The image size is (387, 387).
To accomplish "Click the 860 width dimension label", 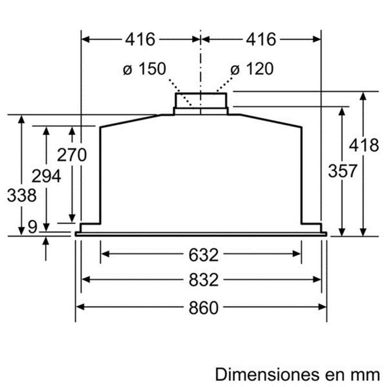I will [x=201, y=307].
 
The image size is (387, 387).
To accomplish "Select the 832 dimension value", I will [x=201, y=280].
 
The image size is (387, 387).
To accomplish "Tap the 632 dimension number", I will [x=201, y=254].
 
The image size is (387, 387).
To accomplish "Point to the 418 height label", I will [x=364, y=145].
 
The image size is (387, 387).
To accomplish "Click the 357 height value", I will [x=342, y=171].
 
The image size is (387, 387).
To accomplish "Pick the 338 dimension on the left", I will [x=22, y=196].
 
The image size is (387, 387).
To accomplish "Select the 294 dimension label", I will [x=46, y=176].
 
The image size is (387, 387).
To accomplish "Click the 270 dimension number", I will [x=72, y=155].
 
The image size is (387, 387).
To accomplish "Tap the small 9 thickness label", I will [x=32, y=227].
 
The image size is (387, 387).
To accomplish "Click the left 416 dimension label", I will [x=140, y=39].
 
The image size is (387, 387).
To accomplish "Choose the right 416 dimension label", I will [x=261, y=39].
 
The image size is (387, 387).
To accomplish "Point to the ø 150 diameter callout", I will [x=143, y=69].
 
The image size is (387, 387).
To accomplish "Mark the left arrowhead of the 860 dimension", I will [x=79, y=306].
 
